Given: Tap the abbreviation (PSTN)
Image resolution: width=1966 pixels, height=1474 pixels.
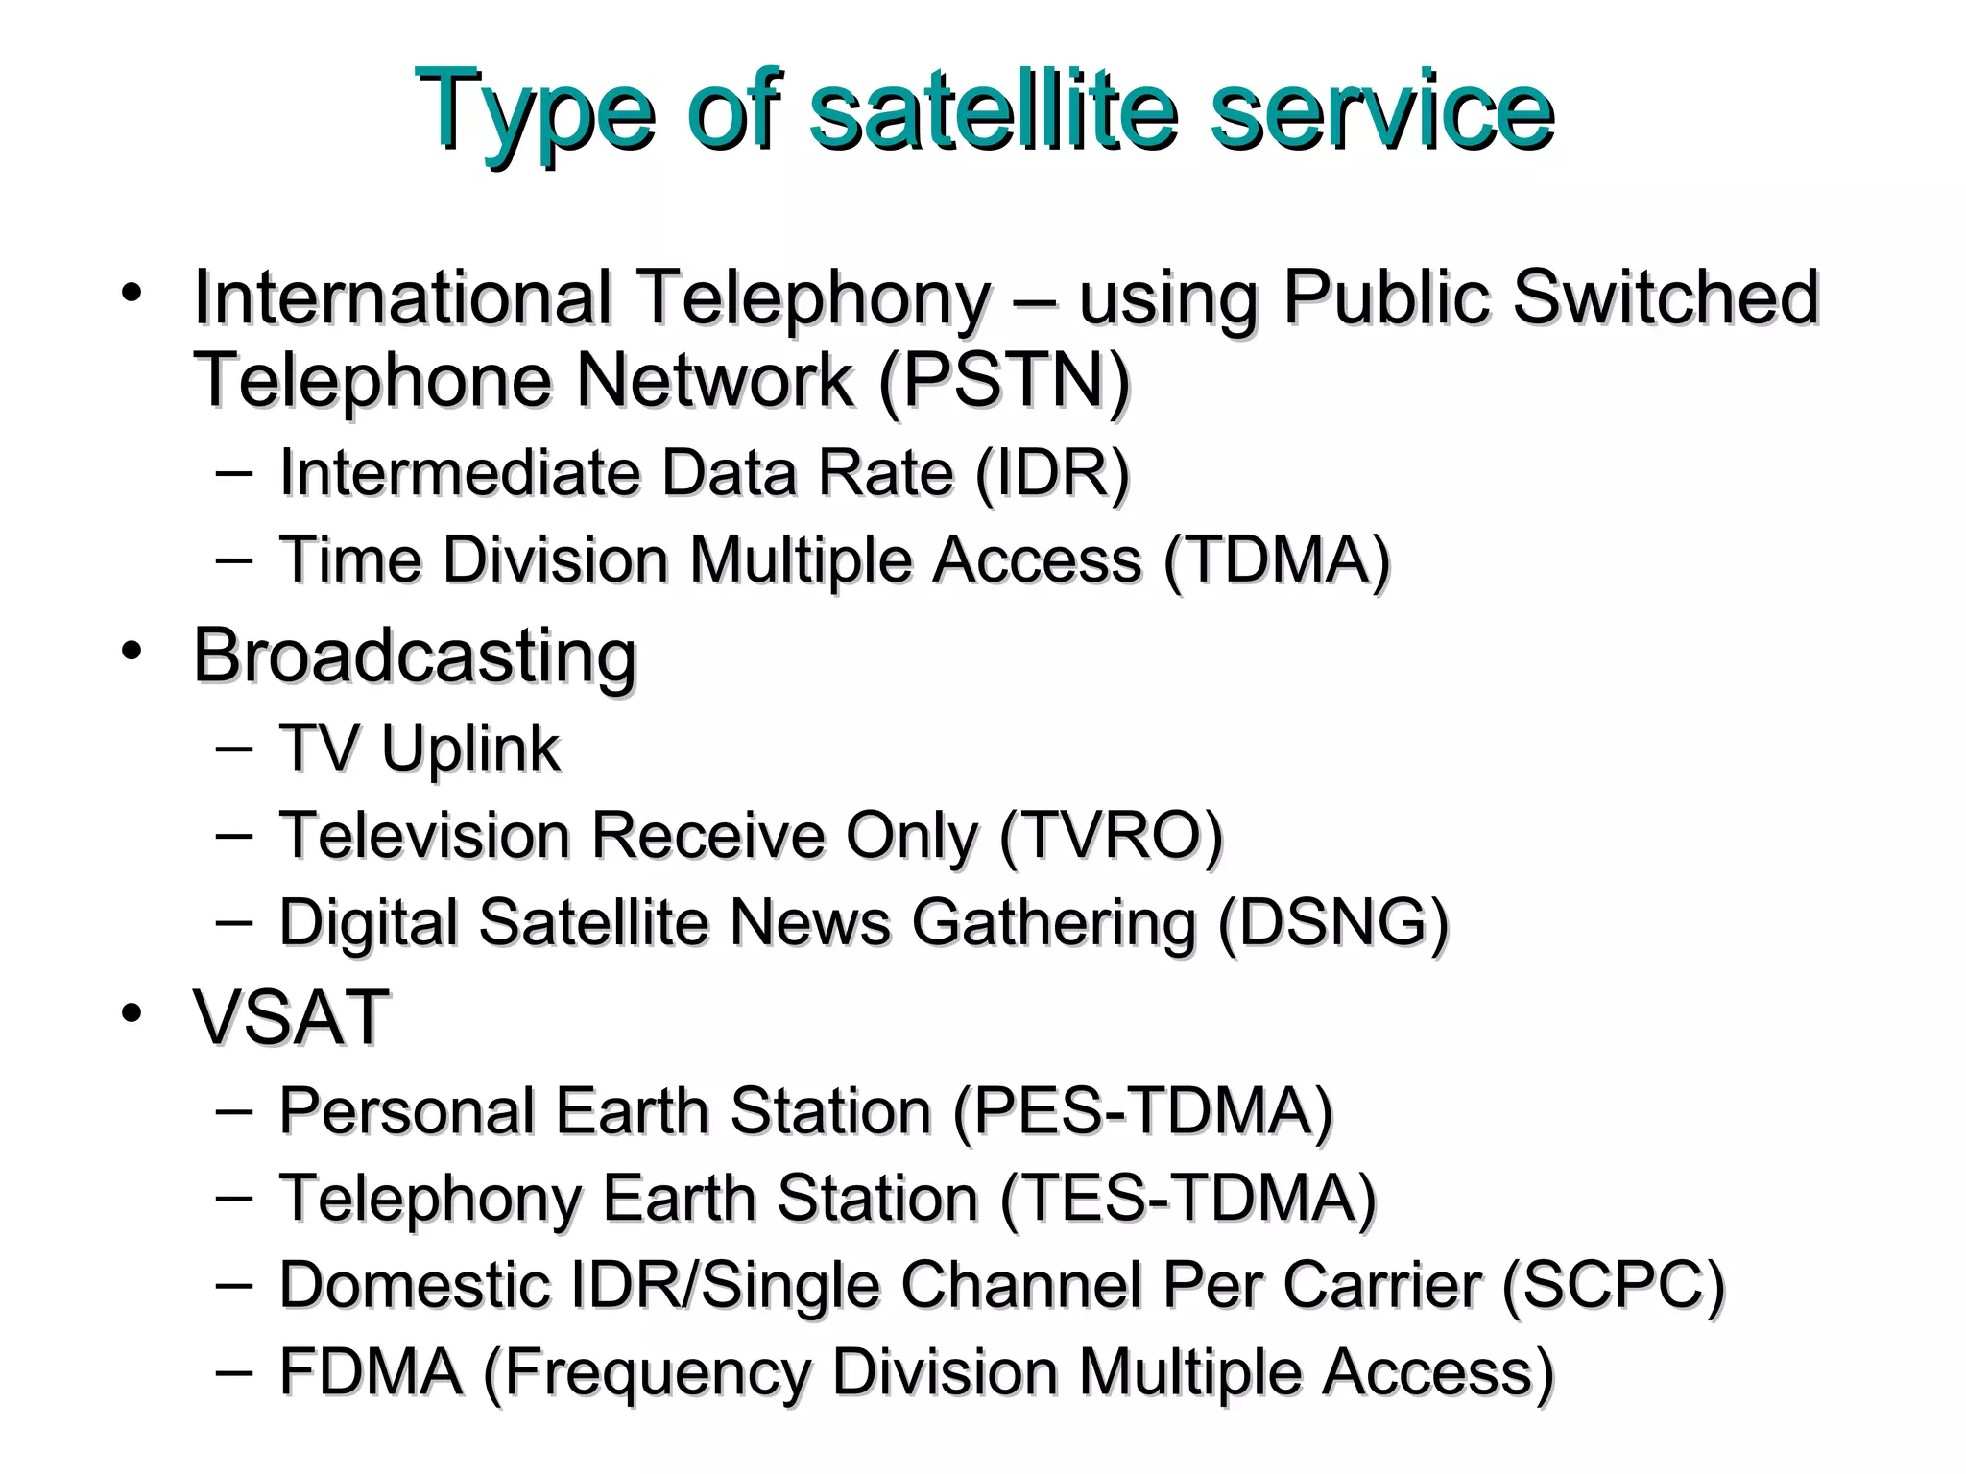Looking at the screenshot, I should (x=1004, y=381).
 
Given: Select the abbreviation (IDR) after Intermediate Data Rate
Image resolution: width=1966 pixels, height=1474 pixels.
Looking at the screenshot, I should (x=1052, y=473).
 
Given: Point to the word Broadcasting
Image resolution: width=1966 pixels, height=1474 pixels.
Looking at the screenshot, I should (x=415, y=656).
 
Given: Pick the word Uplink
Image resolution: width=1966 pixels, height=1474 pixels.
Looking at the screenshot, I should (x=470, y=749).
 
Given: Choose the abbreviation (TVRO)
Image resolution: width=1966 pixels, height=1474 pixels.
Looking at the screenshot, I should (x=1111, y=836).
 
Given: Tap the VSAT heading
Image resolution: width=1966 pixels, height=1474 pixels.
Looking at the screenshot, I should (x=291, y=1017).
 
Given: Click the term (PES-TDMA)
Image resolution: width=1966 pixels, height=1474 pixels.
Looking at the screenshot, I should (x=1142, y=1111).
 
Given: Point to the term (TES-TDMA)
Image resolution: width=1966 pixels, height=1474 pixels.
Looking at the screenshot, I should (x=1187, y=1199).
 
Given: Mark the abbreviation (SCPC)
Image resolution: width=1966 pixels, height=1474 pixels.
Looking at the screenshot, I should (x=1613, y=1285).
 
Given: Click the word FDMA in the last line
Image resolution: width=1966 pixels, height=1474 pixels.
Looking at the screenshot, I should (x=371, y=1371).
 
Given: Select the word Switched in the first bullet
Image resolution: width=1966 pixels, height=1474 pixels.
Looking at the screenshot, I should (x=1666, y=297).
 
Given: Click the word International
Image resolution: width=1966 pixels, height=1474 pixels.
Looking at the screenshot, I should (x=402, y=297).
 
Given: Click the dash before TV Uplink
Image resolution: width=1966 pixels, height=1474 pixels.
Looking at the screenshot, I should (x=235, y=748).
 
